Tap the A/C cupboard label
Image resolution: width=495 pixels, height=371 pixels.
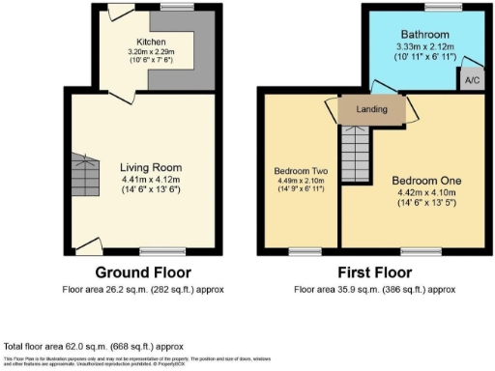click(472, 81)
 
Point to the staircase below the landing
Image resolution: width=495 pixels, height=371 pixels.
click(358, 145)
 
